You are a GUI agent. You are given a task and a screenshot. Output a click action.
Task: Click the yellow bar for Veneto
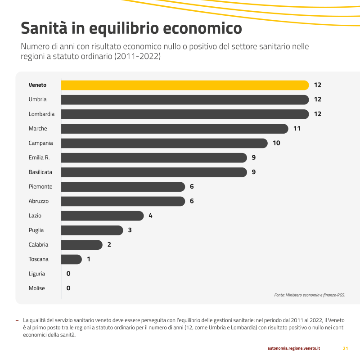coord(184,85)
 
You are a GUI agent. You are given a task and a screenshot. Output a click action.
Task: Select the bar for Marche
coord(175,129)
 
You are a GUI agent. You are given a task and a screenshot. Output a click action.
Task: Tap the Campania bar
coord(164,143)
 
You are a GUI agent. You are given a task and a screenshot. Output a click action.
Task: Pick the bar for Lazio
coord(102,216)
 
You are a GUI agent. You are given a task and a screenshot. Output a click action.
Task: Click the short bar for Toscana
coord(71,259)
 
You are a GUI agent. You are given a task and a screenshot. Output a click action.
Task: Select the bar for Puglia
coord(92,230)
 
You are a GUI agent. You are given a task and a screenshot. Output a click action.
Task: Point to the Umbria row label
coord(37,99)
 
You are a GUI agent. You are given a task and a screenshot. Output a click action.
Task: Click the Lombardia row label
coord(41,114)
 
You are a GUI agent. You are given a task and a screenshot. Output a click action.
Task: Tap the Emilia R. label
coord(39,157)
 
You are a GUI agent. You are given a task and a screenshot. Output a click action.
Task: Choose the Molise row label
coord(37,288)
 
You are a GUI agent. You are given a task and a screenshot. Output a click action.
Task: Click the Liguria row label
coord(37,274)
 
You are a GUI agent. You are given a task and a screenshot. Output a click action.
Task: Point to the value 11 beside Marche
coord(297,129)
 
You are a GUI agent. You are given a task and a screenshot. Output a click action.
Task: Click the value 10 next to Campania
coord(276,143)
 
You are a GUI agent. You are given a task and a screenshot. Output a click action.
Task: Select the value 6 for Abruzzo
coord(192,201)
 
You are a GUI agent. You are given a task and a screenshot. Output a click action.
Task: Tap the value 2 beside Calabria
coord(109,245)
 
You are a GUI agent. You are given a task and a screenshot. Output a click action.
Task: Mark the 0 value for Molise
coord(68,288)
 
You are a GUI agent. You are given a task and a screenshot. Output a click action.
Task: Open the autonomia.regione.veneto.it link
coord(294,348)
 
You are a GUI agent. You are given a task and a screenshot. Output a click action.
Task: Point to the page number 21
coord(346,348)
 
